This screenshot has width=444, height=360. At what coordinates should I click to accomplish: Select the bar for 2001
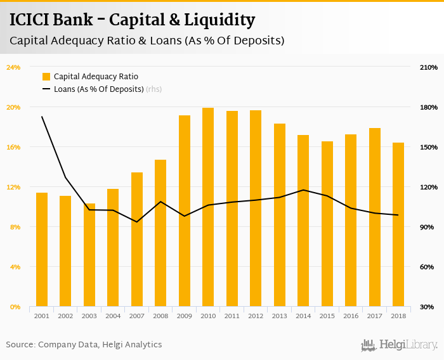pos(42,250)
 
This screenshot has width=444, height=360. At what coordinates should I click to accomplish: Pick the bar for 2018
pos(398,224)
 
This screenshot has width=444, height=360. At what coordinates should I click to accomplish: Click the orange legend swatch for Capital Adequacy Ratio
pos(46,77)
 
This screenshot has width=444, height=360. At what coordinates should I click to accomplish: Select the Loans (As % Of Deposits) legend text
pos(98,89)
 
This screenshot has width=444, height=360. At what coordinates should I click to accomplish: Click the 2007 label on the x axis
pos(137,316)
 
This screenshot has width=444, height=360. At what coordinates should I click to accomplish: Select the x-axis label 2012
pos(256,316)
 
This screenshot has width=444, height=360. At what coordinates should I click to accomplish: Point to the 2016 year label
pos(351,316)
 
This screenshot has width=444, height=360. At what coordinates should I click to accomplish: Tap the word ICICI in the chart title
pos(30,20)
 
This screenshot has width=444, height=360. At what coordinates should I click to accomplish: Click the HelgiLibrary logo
pos(399,345)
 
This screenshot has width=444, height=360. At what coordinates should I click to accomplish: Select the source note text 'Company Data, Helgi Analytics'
pos(100,345)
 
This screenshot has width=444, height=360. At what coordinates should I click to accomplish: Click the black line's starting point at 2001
pos(42,117)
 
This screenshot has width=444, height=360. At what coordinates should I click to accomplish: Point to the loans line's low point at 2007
pos(137,222)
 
